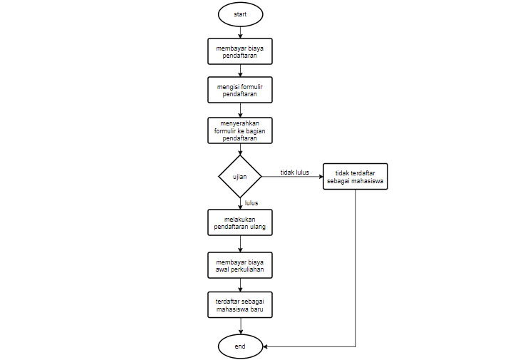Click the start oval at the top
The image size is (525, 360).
pyautogui.click(x=240, y=14)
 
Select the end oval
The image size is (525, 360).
pyautogui.click(x=240, y=346)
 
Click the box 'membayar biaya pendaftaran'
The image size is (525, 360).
pyautogui.click(x=240, y=51)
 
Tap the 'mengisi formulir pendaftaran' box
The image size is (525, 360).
pyautogui.click(x=240, y=91)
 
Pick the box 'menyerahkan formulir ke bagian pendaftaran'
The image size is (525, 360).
pyautogui.click(x=240, y=130)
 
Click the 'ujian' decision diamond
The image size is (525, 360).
pyautogui.click(x=240, y=177)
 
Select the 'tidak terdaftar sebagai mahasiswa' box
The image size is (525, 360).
pyautogui.click(x=355, y=177)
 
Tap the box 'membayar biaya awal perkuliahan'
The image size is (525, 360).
pyautogui.click(x=240, y=265)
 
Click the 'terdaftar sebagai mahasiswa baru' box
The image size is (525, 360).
pyautogui.click(x=240, y=306)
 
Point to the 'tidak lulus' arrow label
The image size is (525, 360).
pyautogui.click(x=294, y=172)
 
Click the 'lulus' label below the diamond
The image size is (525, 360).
pyautogui.click(x=251, y=203)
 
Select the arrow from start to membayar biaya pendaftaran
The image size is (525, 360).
pyautogui.click(x=240, y=31)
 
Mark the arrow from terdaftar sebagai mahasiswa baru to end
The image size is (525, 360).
pyautogui.click(x=240, y=326)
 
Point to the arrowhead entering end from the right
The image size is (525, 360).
pyautogui.click(x=266, y=346)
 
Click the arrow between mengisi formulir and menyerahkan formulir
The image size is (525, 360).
pyautogui.click(x=240, y=110)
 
